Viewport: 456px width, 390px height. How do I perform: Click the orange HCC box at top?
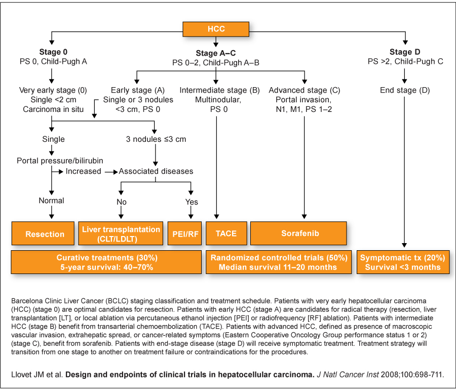point(216,29)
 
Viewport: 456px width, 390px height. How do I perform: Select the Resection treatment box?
point(43,233)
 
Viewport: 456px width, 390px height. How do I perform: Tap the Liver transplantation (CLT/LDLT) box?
point(121,233)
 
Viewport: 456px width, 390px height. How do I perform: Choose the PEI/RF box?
point(184,233)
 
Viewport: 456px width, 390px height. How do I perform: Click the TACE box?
point(226,233)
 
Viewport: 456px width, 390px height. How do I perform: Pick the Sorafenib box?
point(298,233)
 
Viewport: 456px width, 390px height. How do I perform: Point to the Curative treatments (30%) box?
point(106,262)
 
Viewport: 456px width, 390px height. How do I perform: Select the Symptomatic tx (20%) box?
point(403,262)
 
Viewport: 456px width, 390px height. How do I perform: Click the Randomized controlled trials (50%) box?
point(279,262)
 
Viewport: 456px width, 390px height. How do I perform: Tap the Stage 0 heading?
point(53,52)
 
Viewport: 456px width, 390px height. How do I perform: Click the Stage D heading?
point(405,52)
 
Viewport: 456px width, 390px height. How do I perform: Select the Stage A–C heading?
point(216,53)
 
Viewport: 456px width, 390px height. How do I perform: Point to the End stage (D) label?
point(405,90)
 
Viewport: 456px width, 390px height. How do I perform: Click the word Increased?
point(84,171)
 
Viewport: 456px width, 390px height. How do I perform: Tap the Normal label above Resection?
point(52,201)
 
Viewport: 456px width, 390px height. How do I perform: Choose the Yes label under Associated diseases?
point(192,202)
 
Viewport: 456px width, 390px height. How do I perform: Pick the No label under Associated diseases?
point(122,202)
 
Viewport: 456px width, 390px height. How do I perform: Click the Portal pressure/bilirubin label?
point(60,161)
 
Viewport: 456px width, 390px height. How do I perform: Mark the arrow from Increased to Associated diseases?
point(111,172)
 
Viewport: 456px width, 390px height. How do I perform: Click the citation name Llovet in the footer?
point(22,375)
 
